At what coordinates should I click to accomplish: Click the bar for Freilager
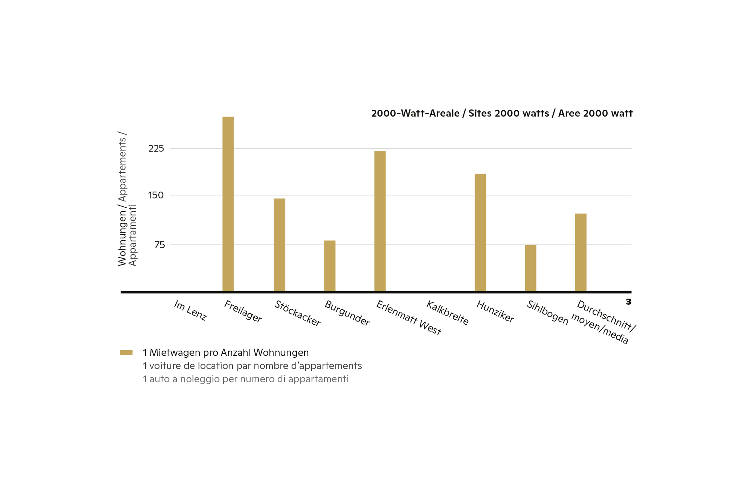[228, 204]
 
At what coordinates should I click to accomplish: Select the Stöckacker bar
[279, 245]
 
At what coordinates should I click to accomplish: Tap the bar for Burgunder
[330, 266]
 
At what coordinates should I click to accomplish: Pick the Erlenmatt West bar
[380, 221]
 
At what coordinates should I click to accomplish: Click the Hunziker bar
[480, 232]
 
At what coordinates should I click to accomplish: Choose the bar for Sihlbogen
[530, 268]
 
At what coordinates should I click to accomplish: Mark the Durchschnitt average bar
[581, 252]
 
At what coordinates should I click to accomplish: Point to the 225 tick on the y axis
[156, 149]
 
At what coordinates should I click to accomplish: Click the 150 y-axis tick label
[156, 195]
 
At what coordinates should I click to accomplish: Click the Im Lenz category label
[190, 310]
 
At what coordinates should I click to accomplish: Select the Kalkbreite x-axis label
[448, 313]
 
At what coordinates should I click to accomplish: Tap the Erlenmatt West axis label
[409, 318]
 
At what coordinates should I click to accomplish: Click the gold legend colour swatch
[126, 353]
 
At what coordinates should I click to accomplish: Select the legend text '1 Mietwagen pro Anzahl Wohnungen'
[226, 353]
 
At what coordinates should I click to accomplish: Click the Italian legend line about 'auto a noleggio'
[245, 379]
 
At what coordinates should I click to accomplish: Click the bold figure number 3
[629, 302]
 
